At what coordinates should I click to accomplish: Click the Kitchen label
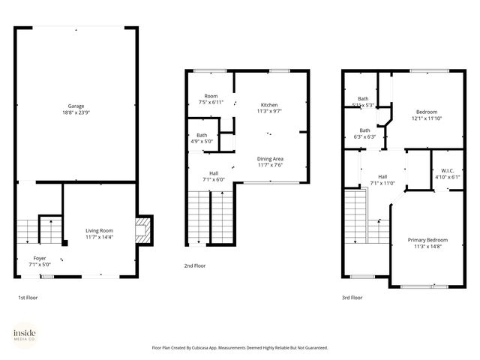pyautogui.click(x=269, y=104)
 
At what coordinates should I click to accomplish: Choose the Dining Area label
pyautogui.click(x=269, y=158)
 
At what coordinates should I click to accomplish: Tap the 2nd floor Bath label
pyautogui.click(x=192, y=135)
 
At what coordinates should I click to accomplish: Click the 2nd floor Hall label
pyautogui.click(x=214, y=173)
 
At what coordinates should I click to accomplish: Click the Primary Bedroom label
pyautogui.click(x=427, y=240)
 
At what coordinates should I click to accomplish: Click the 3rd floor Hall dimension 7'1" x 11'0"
pyautogui.click(x=382, y=183)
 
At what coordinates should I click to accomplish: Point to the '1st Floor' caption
pyautogui.click(x=28, y=298)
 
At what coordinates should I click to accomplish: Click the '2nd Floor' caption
pyautogui.click(x=195, y=265)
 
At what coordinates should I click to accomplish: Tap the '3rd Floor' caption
pyautogui.click(x=352, y=298)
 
